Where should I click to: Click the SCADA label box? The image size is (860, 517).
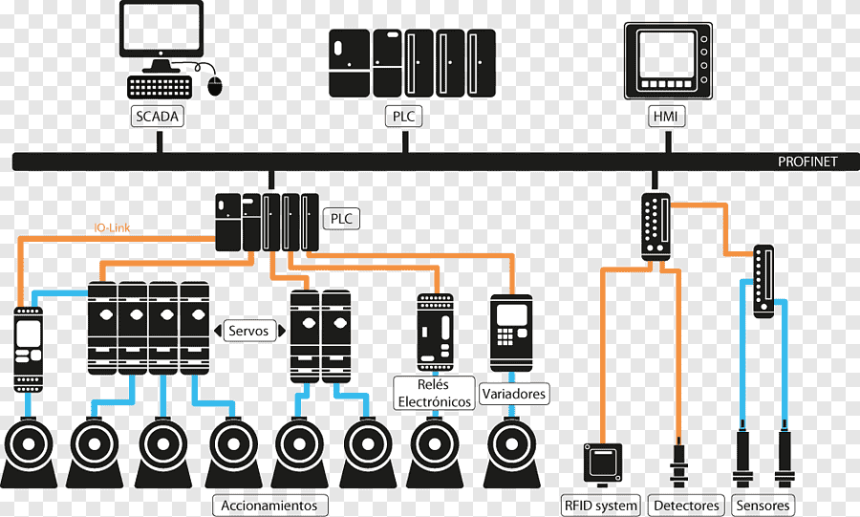click(x=157, y=117)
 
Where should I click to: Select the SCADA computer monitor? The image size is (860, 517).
click(x=161, y=30)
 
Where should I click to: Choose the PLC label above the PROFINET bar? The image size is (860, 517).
click(x=405, y=117)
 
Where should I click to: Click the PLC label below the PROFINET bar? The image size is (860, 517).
click(x=341, y=219)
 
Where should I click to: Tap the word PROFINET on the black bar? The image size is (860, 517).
click(x=806, y=162)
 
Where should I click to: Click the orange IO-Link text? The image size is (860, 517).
click(x=112, y=228)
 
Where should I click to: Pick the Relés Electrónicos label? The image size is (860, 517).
click(x=433, y=393)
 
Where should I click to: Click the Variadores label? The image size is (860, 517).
click(x=514, y=393)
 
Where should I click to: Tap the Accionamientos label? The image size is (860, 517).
click(x=269, y=505)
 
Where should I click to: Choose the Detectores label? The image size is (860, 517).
click(x=686, y=505)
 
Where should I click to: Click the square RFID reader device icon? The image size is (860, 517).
click(x=603, y=463)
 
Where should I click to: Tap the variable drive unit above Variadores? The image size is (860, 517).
click(x=509, y=334)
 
